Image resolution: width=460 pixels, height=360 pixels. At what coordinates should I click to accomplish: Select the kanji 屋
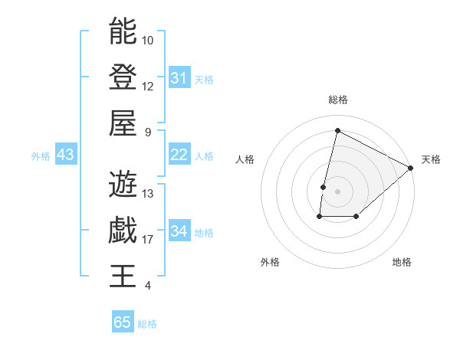pos(123,123)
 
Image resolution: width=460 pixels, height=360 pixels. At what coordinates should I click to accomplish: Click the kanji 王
pos(123,277)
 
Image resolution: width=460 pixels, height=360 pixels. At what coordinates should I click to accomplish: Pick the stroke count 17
pos(148,240)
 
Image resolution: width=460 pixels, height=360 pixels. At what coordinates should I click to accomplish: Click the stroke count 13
pos(148,193)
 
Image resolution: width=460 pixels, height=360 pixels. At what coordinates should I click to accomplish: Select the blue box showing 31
pos(179,77)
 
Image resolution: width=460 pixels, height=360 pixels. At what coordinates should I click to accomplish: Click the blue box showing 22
pos(179,155)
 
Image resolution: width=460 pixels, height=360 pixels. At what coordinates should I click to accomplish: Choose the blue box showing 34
pos(179,231)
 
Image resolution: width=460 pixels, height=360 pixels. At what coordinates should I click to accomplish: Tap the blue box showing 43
pos(66,155)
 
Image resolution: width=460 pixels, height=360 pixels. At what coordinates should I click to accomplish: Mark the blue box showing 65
pos(123,322)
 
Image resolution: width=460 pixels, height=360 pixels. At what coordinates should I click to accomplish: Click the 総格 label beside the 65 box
pos(147,324)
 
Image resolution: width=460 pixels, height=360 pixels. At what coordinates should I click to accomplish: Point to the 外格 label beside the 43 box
pos(41,156)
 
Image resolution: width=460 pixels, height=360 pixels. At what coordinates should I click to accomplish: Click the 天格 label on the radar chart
pos(431,159)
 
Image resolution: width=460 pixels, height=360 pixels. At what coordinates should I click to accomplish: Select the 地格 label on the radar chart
pos(402,262)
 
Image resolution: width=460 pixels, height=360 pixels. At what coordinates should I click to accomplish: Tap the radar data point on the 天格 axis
pos(411,168)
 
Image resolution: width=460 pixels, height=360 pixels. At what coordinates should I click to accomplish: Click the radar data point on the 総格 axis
pos(337,131)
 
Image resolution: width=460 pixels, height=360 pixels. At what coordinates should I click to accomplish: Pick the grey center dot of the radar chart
pos(337,191)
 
